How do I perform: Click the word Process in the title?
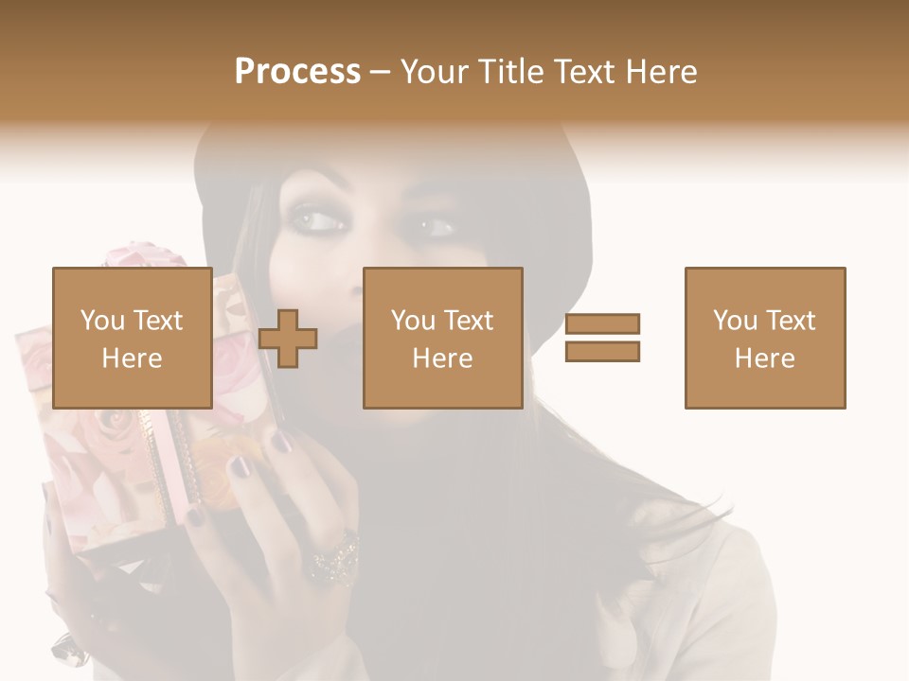coord(297,72)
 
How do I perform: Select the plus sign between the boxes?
coord(288,339)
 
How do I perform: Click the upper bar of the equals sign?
coord(602,324)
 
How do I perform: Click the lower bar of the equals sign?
coord(602,351)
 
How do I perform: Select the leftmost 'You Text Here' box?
coord(132,338)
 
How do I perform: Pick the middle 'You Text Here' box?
coord(442,338)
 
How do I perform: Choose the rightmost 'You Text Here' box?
coord(764,338)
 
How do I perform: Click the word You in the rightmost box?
coord(735,321)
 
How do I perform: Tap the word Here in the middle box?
coord(442,358)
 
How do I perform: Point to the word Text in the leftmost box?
coord(157,321)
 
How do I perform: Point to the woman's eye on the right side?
coord(435,227)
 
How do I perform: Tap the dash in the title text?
coord(381,72)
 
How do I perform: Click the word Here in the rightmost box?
coord(764,358)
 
